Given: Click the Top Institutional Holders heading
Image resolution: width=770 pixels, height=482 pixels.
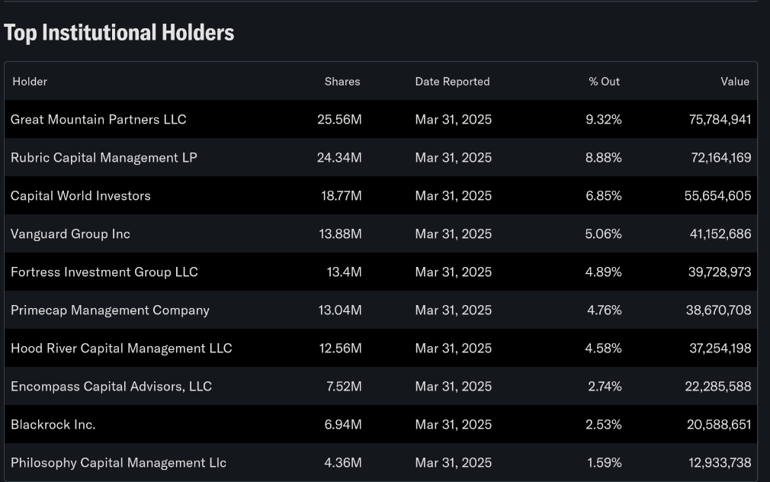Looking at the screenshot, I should click(x=119, y=33).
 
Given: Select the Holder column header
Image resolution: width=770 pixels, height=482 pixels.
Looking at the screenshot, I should click(x=30, y=82).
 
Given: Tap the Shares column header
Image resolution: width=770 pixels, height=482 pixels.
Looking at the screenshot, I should click(x=342, y=82).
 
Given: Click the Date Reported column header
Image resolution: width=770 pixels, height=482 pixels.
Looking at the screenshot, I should click(x=452, y=82).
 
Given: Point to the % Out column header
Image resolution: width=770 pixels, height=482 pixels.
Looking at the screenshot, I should click(x=604, y=82).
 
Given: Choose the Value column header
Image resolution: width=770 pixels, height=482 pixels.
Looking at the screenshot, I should click(x=735, y=82).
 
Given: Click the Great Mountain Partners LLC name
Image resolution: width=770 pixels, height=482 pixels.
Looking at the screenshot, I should click(x=98, y=120).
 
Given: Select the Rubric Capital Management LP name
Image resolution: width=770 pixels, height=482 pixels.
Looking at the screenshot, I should click(x=104, y=158).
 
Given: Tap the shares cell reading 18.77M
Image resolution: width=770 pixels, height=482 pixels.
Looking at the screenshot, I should click(x=341, y=196).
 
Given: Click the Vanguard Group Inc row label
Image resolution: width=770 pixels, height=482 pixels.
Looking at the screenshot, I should click(x=70, y=234).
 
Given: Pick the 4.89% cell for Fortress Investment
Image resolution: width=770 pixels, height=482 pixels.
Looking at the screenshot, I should click(x=603, y=272).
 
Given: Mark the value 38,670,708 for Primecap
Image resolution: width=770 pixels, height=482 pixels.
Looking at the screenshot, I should click(x=719, y=310).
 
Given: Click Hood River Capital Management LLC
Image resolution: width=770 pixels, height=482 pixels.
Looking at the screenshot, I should click(x=121, y=349).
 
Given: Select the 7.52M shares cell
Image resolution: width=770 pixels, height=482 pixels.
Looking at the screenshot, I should click(x=344, y=387).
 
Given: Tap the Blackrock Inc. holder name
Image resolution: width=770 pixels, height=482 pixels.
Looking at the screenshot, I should click(x=53, y=425).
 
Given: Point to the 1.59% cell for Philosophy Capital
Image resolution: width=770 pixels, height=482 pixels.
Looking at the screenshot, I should click(x=604, y=463).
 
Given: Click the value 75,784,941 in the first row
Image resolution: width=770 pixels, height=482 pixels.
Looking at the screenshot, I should click(x=720, y=120).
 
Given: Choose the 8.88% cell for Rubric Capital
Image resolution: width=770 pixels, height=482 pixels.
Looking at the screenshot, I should click(x=603, y=158).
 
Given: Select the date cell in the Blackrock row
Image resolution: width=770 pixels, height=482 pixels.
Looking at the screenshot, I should click(x=453, y=425).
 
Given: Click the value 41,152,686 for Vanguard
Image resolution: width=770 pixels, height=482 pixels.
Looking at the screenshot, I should click(x=720, y=234).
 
